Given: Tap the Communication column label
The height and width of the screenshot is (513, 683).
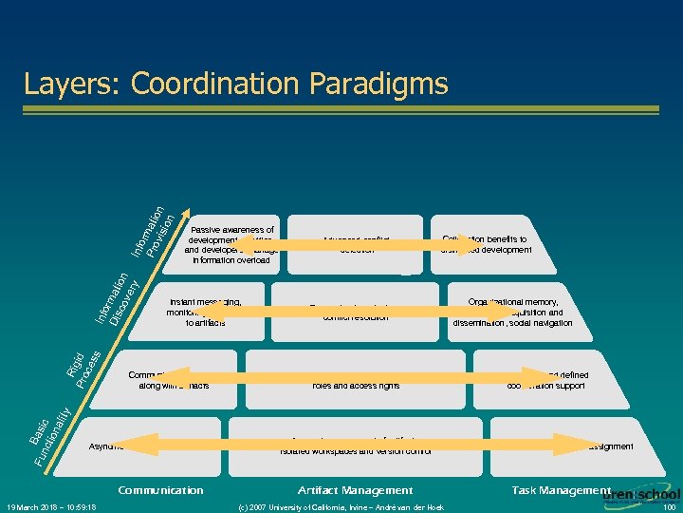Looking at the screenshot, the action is (x=160, y=490).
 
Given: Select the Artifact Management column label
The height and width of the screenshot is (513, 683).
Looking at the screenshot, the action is (x=356, y=490).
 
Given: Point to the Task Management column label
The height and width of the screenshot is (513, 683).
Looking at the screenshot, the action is (x=561, y=490).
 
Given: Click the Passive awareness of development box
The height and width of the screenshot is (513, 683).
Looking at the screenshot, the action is (x=232, y=244).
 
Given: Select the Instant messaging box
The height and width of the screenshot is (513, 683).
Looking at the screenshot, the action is (x=204, y=312).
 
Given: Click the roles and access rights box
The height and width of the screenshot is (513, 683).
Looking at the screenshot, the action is (x=356, y=385).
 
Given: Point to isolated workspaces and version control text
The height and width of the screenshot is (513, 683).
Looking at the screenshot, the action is (x=356, y=450).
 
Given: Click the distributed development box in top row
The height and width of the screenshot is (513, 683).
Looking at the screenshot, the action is (x=485, y=245).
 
